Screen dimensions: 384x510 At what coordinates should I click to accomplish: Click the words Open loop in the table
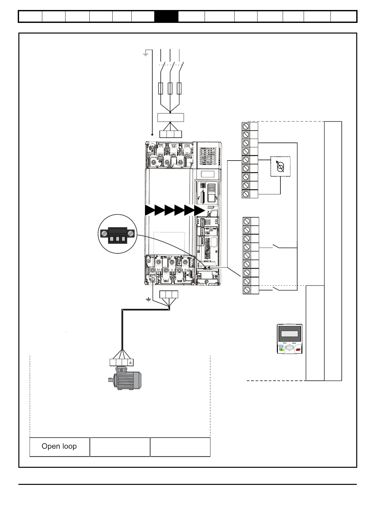tap(59, 446)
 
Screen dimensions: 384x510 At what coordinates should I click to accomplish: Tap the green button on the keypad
tap(281, 349)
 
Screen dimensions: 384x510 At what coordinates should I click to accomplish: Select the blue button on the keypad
tap(281, 346)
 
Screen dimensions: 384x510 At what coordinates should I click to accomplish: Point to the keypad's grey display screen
tap(289, 334)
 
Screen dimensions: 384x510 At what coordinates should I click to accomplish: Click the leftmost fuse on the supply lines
tap(161, 88)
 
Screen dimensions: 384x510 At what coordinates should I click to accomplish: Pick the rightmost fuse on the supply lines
tap(179, 88)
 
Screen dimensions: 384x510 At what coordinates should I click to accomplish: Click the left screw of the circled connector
tap(104, 233)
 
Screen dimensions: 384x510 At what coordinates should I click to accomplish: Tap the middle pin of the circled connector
tap(117, 239)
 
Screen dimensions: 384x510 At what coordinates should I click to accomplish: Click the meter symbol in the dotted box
tap(280, 166)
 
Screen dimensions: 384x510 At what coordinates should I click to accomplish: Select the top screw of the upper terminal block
tap(246, 126)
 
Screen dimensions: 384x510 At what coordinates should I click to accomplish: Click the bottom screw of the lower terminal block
tap(247, 290)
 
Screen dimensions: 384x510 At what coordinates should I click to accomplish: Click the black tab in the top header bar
tap(166, 16)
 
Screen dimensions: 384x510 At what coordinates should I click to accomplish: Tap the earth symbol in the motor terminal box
tap(130, 362)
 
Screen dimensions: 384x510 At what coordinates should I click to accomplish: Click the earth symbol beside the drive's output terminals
tap(148, 300)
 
